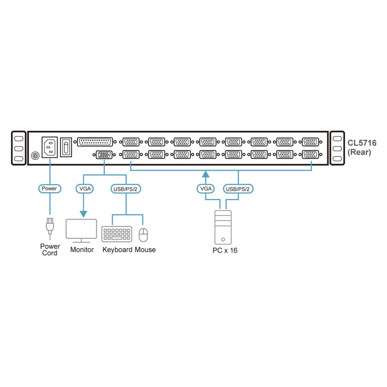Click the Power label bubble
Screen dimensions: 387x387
50,188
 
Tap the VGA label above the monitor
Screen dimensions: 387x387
85,189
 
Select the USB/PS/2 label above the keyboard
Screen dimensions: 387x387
126,189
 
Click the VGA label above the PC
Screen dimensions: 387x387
205,189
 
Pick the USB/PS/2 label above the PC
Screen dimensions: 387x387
238,189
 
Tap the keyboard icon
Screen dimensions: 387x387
117,234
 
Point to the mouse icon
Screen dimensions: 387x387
144,235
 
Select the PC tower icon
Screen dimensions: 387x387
223,227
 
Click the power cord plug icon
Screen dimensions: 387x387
50,227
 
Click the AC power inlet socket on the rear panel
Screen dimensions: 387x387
50,147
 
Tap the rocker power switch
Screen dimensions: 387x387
66,147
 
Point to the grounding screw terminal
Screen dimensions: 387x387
36,156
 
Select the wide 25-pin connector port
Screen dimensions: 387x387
95,142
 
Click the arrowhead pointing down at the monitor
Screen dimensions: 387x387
84,214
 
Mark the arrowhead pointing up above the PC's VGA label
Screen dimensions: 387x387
205,174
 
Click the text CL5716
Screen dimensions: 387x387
362,143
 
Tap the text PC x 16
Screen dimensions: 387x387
225,250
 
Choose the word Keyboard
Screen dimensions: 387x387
118,250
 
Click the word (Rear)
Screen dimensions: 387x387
359,152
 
